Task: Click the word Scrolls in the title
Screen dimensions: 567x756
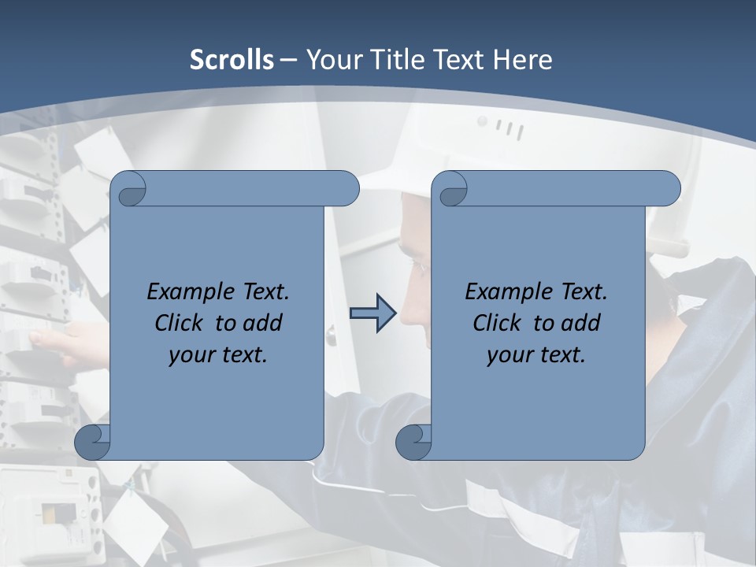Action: point(232,60)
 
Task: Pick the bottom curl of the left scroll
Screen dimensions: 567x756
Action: point(93,442)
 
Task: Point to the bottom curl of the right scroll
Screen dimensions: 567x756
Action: point(414,442)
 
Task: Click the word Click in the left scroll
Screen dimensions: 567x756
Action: point(179,323)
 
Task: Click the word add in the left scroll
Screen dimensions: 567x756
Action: point(262,323)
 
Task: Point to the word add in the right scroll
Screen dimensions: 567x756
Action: point(580,323)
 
